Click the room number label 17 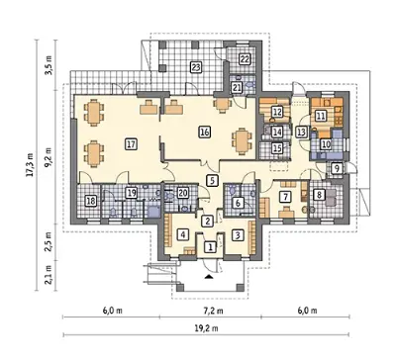tap(131, 144)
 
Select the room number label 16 tap(205, 133)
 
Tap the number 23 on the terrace tap(196, 67)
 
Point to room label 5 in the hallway tap(212, 180)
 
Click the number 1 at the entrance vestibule tap(210, 247)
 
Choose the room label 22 tap(245, 59)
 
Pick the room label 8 tap(319, 195)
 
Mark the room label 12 tap(277, 112)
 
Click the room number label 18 tap(91, 201)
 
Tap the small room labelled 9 tap(337, 168)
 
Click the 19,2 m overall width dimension tap(207, 328)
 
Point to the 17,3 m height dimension tap(31, 165)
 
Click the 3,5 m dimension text tap(49, 65)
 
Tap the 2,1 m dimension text tap(49, 275)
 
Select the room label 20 tap(182, 193)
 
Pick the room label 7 tap(285, 197)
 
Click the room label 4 tap(182, 234)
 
